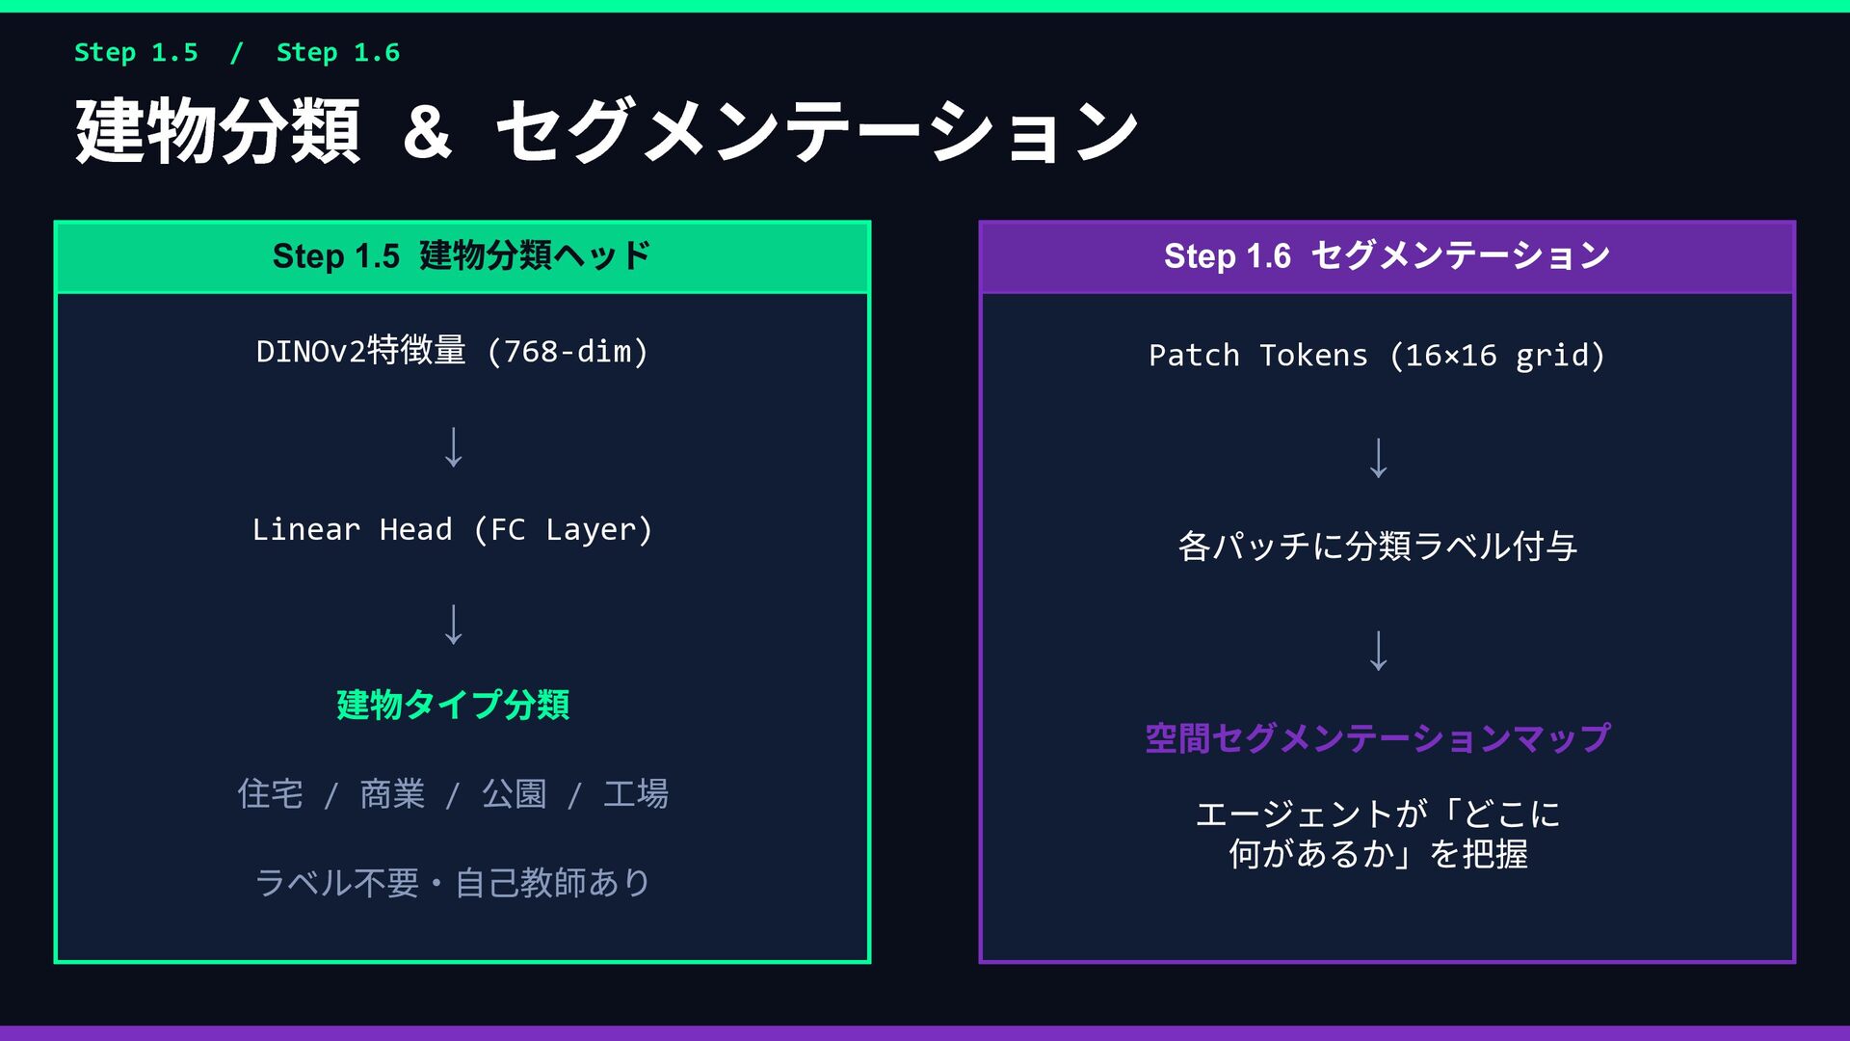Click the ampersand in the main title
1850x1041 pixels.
tap(427, 132)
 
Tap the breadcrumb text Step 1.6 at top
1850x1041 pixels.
tap(337, 52)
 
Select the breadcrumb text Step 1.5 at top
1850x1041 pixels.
tap(136, 52)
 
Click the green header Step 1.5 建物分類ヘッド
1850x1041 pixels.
tap(462, 256)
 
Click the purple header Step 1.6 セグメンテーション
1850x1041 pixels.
tap(1387, 256)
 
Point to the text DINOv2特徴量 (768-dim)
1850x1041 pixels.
tap(452, 351)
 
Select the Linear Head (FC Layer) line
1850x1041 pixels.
tap(452, 529)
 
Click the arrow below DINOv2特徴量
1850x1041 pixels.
tap(453, 447)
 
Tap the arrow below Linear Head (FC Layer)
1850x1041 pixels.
tap(453, 625)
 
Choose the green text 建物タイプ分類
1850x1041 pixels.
tap(453, 705)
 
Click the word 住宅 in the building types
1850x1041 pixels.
tap(270, 794)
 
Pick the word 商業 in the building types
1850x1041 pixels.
tap(392, 794)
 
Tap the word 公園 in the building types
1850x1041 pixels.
tap(514, 794)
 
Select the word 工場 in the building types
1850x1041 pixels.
tap(636, 794)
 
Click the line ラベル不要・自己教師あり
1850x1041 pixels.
tap(452, 882)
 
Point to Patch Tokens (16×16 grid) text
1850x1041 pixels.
tap(1377, 356)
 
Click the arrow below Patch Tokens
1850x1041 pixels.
tap(1379, 458)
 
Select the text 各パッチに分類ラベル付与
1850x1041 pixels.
tap(1377, 547)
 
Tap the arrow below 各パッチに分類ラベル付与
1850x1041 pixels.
tap(1379, 651)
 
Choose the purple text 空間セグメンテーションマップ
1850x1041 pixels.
tap(1377, 738)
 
